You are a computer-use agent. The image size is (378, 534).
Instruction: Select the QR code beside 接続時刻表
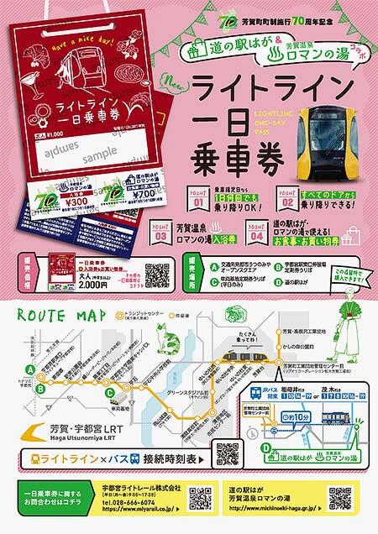tap(228, 453)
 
